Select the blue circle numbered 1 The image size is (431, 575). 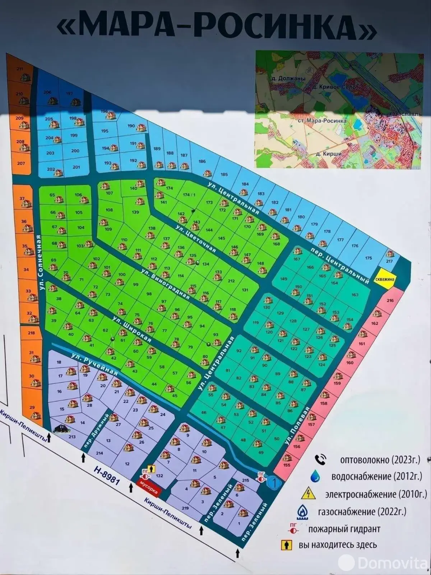[274, 483]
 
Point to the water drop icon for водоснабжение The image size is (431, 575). [315, 476]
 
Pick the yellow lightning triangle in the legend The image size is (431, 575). [309, 494]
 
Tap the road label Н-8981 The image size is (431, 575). [106, 475]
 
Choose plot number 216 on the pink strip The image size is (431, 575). [390, 300]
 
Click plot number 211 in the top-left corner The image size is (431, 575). [20, 69]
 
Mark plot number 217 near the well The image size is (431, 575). [390, 261]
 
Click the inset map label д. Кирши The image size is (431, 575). [328, 154]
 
